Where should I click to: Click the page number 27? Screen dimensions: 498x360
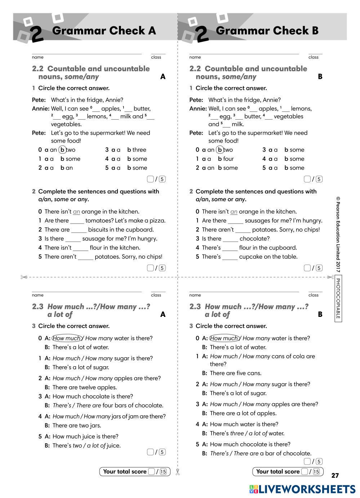[335, 475]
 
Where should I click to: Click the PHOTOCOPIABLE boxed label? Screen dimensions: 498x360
[338, 299]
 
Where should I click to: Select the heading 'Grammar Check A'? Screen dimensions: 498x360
[104, 31]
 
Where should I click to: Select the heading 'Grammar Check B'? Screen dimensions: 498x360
[267, 31]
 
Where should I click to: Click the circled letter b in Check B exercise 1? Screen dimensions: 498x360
[220, 150]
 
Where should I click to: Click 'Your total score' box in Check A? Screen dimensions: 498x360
[134, 471]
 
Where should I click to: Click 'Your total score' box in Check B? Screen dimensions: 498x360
[288, 471]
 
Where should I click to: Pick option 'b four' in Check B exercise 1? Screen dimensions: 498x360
[226, 159]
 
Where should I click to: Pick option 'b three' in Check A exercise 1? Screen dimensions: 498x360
[137, 150]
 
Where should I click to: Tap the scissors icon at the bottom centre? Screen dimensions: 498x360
[177, 472]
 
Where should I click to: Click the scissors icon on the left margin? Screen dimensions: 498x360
[24, 277]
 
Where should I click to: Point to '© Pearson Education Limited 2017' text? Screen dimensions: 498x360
[338, 234]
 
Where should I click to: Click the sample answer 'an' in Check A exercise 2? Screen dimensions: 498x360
[76, 212]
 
